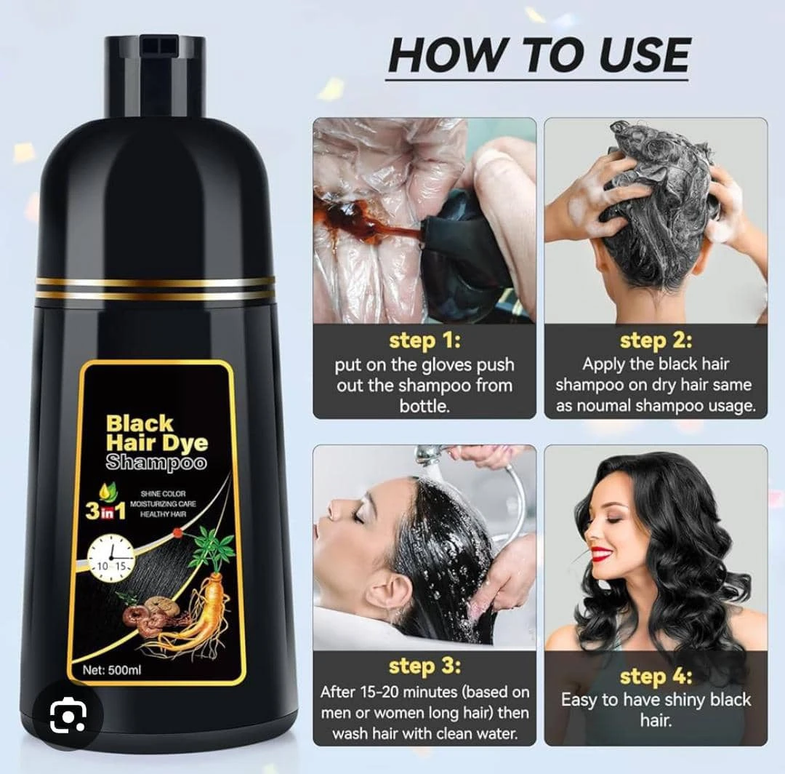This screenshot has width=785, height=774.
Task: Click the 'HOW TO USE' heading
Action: [x=539, y=55]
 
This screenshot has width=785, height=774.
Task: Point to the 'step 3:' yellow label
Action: [x=424, y=666]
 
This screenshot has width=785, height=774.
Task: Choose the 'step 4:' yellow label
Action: [x=656, y=677]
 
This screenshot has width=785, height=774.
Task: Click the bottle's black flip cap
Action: [x=156, y=75]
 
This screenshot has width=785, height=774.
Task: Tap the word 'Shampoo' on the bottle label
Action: [x=156, y=463]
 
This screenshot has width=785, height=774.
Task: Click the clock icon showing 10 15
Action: [x=110, y=557]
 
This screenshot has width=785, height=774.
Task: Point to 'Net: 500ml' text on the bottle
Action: [x=112, y=670]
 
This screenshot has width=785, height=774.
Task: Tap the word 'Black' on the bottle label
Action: [x=139, y=423]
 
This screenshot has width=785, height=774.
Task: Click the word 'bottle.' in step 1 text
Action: [x=424, y=406]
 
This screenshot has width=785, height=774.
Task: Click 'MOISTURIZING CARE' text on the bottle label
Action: [x=164, y=504]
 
